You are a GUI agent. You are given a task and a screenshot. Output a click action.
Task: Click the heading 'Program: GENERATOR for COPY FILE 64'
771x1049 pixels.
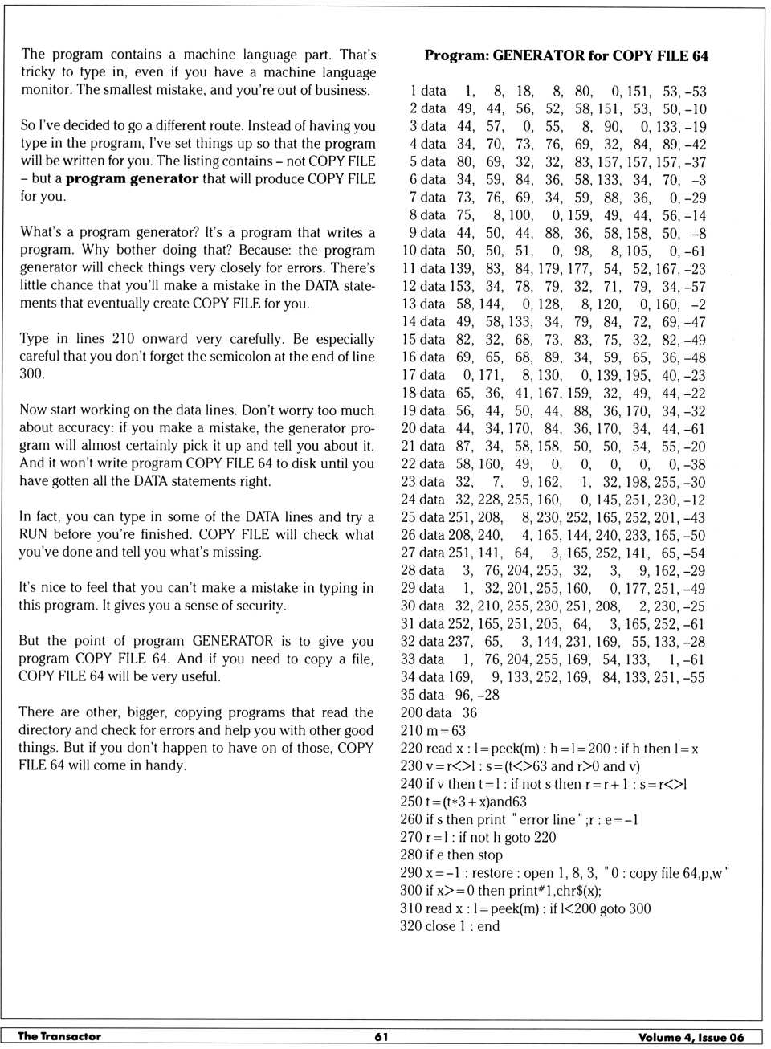point(566,56)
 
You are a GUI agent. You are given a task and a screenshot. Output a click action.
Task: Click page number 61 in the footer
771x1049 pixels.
point(381,1036)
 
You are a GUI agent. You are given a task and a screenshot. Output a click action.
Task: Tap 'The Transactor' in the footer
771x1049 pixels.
point(59,1036)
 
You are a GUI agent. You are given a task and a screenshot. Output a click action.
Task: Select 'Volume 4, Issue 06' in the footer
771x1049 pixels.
point(691,1037)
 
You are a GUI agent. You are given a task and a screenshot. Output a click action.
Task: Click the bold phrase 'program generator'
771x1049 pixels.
point(132,178)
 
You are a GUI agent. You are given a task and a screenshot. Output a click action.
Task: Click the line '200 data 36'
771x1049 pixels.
point(439,712)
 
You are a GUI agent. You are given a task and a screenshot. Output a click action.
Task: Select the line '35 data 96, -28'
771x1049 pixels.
point(450,695)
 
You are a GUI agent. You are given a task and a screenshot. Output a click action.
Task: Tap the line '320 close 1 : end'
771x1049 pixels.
point(450,926)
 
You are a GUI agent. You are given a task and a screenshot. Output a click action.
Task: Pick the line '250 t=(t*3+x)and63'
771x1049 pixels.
point(463,802)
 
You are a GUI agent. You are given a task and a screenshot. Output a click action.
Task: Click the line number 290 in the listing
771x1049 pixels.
point(411,873)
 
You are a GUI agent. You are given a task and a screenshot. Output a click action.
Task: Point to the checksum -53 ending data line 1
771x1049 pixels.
point(696,92)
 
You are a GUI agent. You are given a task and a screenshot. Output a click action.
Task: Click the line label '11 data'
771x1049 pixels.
point(423,269)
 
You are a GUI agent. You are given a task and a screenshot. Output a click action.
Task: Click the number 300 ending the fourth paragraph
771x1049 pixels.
point(32,373)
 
